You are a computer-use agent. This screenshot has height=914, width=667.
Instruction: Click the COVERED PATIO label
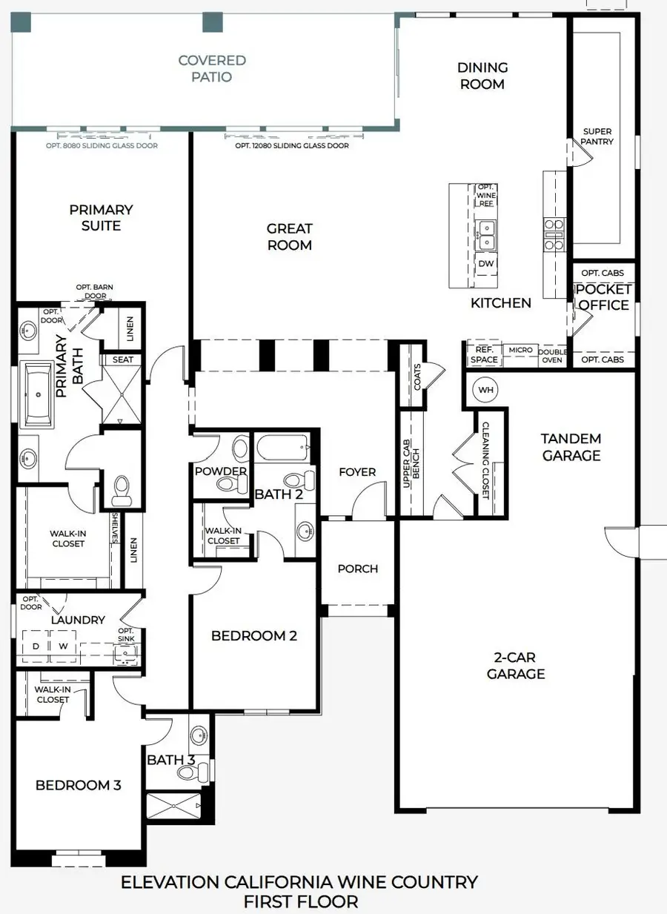tap(212, 68)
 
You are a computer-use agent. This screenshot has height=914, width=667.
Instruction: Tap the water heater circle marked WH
tap(485, 390)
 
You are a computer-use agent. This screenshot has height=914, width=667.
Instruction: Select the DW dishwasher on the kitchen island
tap(486, 264)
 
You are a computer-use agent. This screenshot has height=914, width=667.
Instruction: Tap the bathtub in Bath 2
tap(282, 447)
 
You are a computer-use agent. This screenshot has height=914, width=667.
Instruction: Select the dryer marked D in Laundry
tap(36, 646)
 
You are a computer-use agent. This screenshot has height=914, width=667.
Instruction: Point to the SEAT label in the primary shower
tap(123, 360)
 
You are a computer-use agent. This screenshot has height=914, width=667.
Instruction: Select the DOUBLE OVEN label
tap(552, 356)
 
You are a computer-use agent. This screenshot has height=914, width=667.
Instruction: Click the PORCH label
tap(357, 569)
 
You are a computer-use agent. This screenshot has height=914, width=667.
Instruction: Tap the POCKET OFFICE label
tap(603, 297)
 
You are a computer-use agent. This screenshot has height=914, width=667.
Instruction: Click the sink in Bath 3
tap(199, 735)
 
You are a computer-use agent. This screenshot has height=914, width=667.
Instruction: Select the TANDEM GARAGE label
tap(571, 447)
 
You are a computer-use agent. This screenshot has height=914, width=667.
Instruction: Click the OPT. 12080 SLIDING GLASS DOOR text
tap(292, 146)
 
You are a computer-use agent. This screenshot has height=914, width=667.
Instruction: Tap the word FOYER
tap(357, 472)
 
